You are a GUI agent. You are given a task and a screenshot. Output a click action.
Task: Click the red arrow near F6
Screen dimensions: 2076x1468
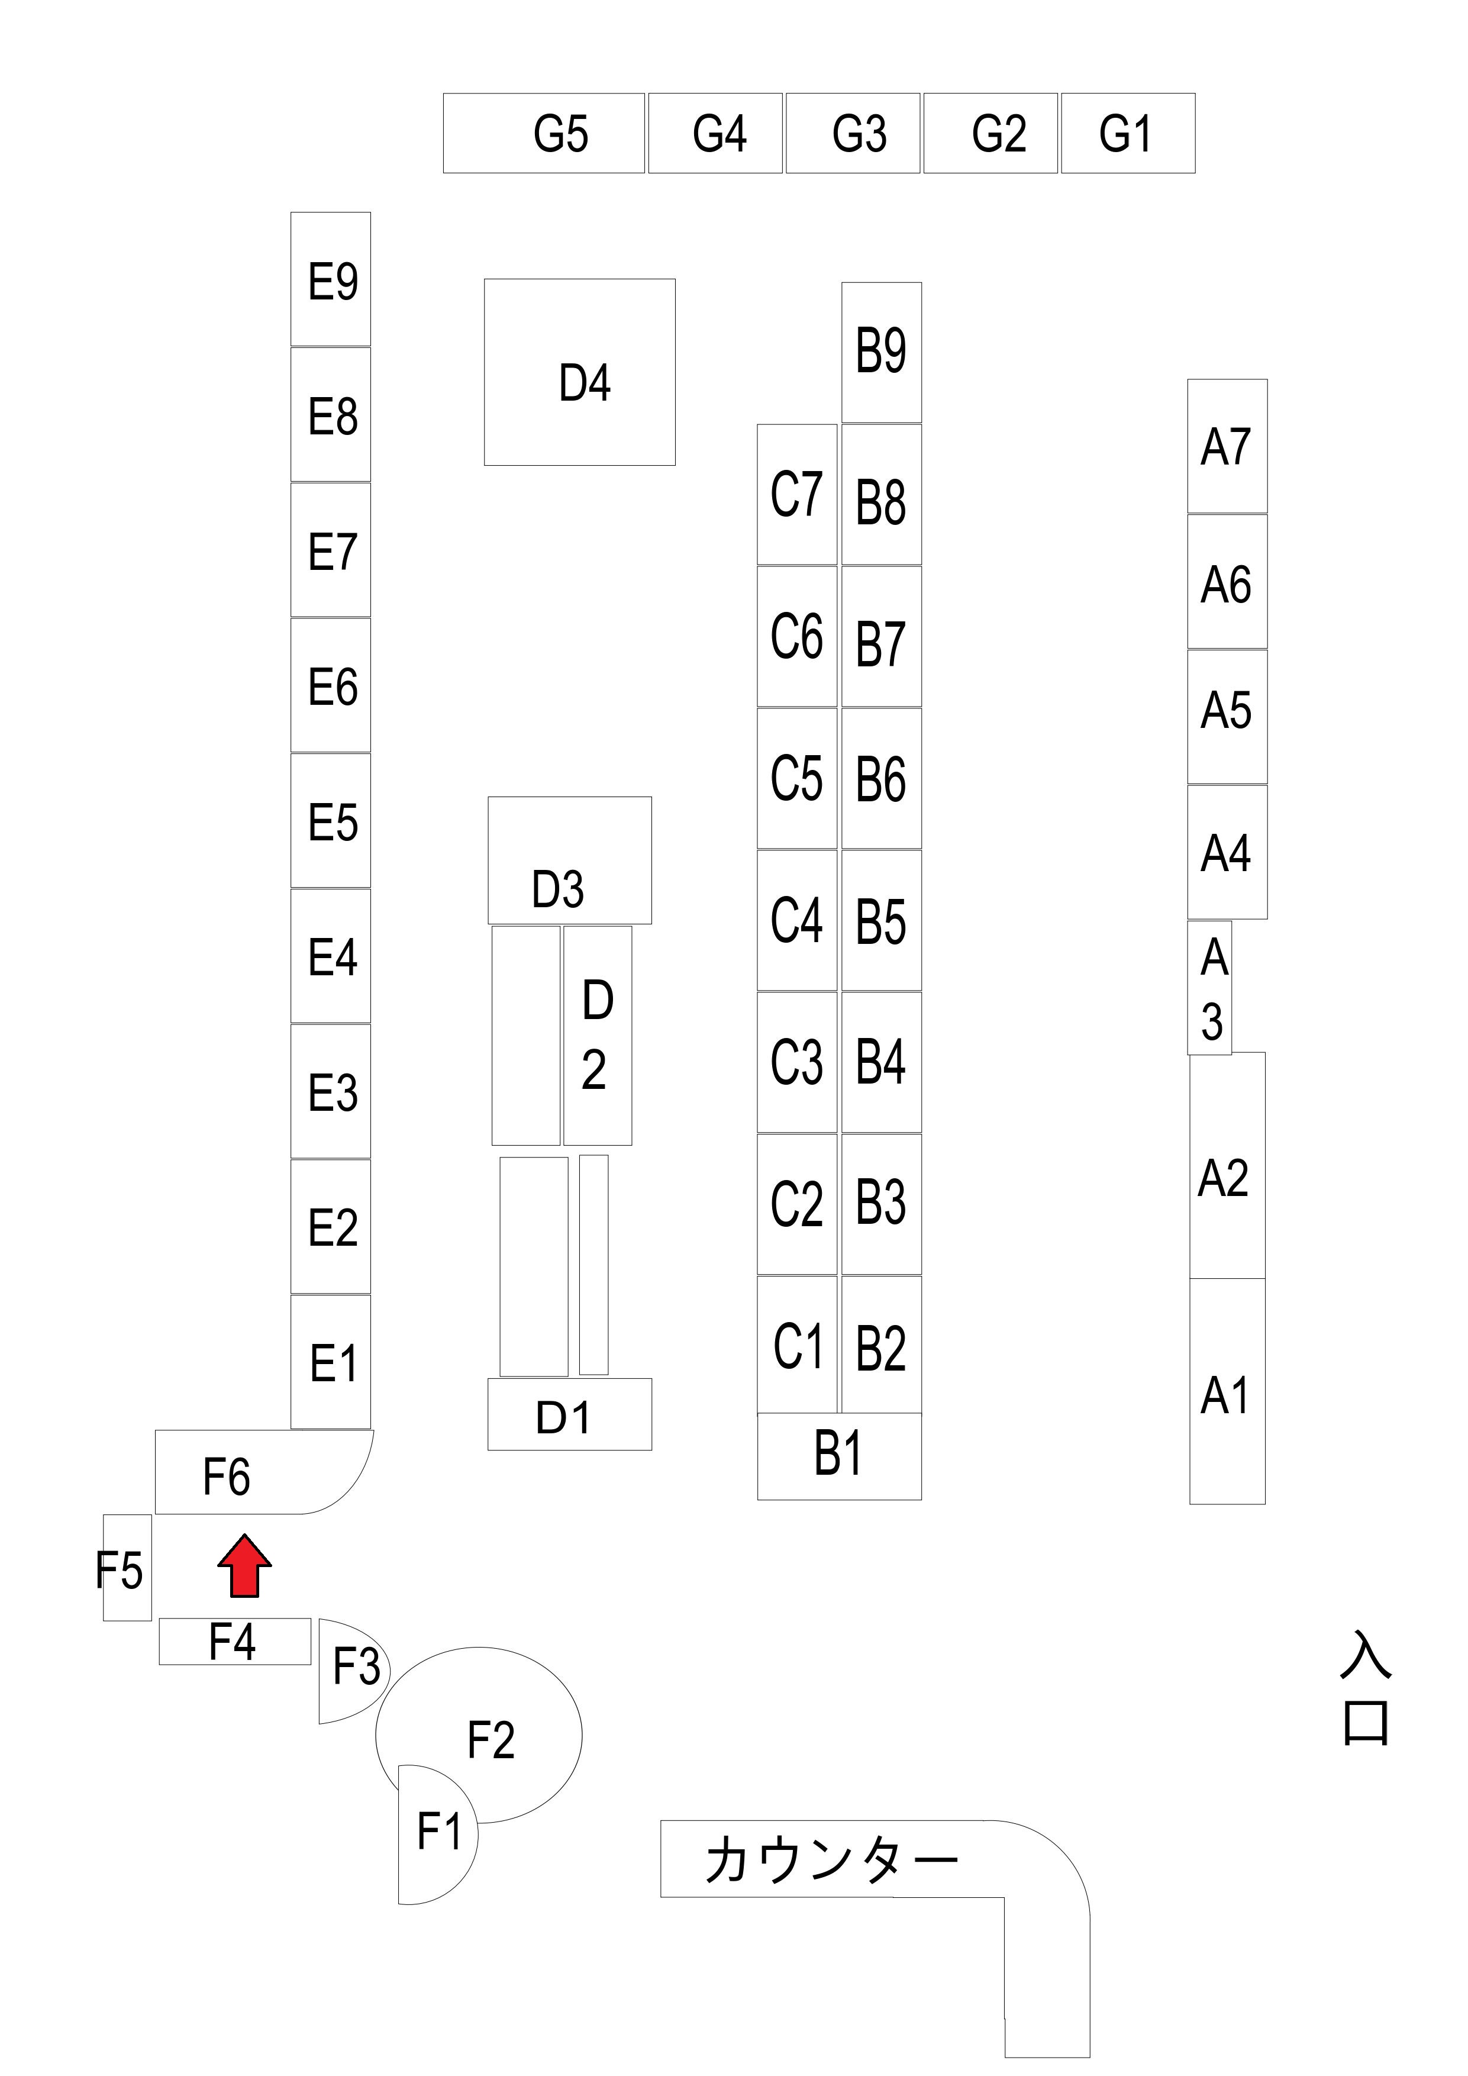pyautogui.click(x=244, y=1565)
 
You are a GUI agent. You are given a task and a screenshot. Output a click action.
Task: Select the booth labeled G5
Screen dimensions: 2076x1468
pyautogui.click(x=544, y=133)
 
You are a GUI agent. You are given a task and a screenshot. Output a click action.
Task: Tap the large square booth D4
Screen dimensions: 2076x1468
pyautogui.click(x=579, y=372)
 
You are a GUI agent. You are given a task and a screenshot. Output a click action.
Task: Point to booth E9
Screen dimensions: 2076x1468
pyautogui.click(x=330, y=279)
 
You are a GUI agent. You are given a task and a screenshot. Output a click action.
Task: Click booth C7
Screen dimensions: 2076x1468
pyautogui.click(x=796, y=495)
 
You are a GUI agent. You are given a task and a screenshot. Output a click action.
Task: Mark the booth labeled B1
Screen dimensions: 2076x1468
pyautogui.click(x=839, y=1456)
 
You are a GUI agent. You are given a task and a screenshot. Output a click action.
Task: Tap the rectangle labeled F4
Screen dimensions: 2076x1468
pyautogui.click(x=234, y=1641)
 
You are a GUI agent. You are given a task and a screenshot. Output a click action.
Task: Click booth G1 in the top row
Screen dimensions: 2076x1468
pyautogui.click(x=1127, y=133)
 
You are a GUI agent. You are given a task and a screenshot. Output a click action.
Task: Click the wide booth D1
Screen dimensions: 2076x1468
pyautogui.click(x=569, y=1415)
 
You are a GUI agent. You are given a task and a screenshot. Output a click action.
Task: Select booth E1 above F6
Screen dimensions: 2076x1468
pyautogui.click(x=331, y=1362)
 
